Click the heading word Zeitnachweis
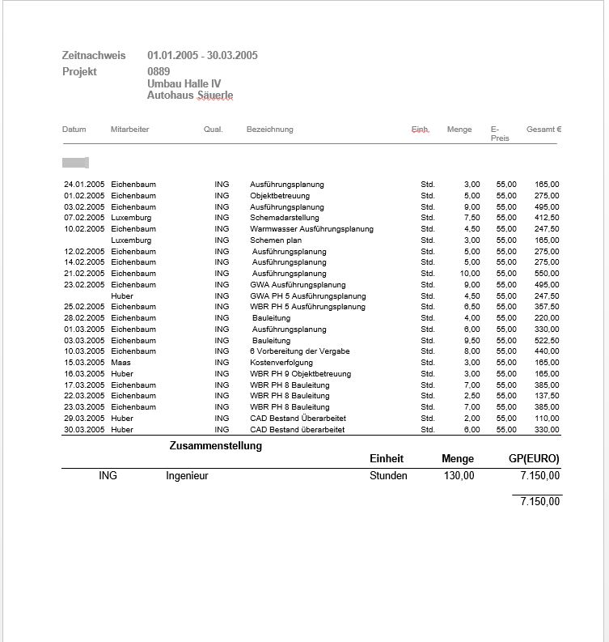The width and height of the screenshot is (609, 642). point(94,56)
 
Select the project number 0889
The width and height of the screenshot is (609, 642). point(159,72)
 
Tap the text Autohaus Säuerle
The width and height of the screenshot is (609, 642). point(190,96)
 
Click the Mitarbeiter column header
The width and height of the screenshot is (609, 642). point(129,130)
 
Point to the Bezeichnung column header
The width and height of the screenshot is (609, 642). point(269,130)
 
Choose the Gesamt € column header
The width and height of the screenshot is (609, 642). point(543,130)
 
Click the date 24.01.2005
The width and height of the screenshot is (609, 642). point(83,185)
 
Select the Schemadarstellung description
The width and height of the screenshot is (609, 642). point(284,218)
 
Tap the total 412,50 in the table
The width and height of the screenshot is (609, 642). point(547,218)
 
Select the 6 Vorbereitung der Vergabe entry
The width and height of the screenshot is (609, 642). point(299,351)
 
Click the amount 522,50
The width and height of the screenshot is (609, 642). point(547,341)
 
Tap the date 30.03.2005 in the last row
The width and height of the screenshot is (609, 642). point(83,430)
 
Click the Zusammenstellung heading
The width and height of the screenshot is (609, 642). point(215,446)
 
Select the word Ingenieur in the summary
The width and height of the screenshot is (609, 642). point(187,476)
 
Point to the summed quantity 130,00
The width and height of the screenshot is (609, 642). point(459,476)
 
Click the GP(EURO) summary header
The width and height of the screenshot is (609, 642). point(533,459)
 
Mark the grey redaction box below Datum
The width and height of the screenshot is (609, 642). point(75,163)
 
